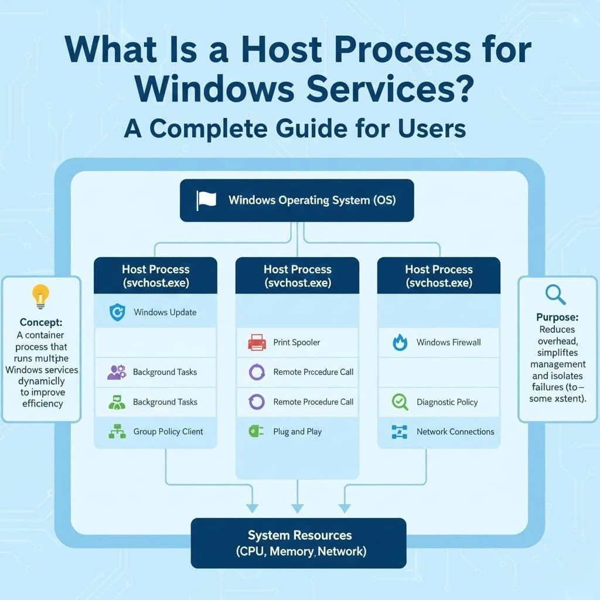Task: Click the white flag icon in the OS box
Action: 206,200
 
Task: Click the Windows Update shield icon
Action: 117,312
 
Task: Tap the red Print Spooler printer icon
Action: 257,342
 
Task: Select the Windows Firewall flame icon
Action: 400,342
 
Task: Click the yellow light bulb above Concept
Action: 40,296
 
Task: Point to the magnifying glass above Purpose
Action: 555,295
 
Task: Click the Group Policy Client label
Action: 168,432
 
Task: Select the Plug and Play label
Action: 297,432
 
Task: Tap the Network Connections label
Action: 455,432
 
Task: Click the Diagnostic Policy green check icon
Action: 400,402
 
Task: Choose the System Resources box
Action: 298,543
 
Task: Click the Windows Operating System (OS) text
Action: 312,200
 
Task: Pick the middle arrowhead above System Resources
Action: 298,507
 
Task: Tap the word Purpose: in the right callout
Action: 557,317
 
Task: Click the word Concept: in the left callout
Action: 41,322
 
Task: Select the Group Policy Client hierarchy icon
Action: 117,432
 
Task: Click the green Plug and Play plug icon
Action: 253,431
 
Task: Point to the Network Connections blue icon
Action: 399,432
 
